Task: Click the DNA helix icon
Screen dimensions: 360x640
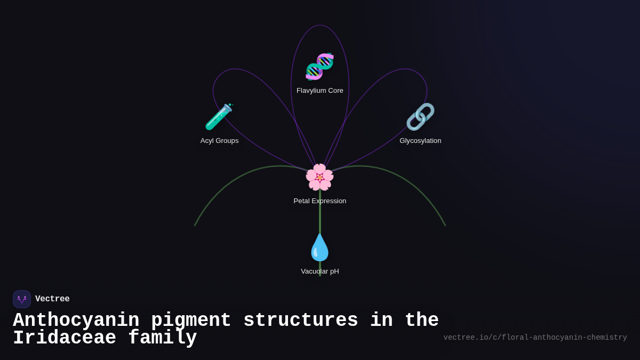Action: (x=319, y=67)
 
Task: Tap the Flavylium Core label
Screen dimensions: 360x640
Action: (x=320, y=91)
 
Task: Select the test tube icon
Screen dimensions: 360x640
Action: (x=219, y=117)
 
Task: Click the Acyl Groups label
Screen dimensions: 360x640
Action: (x=220, y=141)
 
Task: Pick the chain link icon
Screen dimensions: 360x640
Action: (x=420, y=117)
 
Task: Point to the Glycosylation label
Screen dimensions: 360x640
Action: (x=420, y=141)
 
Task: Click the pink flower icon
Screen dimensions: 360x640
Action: (x=319, y=177)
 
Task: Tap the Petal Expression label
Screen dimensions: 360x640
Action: (x=320, y=201)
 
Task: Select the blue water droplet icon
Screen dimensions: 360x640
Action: (x=319, y=247)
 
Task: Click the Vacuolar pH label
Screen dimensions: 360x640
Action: (x=320, y=271)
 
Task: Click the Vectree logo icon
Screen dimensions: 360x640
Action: (x=22, y=299)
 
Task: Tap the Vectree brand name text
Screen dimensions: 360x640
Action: (x=52, y=299)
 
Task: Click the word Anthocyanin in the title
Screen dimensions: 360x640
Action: (x=76, y=321)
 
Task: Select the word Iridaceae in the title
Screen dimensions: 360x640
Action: (x=65, y=338)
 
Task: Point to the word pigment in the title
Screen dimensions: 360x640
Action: (x=191, y=321)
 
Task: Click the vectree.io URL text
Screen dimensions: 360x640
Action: (x=535, y=338)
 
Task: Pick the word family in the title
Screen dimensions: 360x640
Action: (x=163, y=338)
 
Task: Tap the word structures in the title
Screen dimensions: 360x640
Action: (x=301, y=321)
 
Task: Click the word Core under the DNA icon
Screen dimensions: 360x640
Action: (x=335, y=91)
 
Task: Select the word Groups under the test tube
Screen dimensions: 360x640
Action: (x=227, y=141)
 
